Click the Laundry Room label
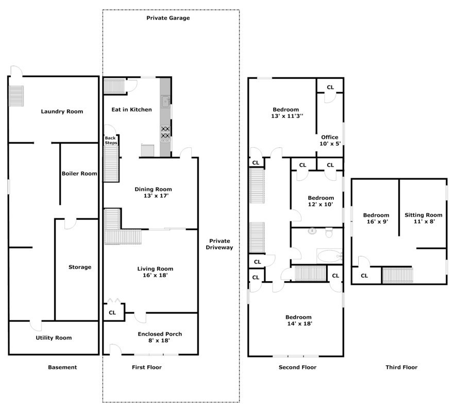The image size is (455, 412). click(62, 111)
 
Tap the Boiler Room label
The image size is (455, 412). click(79, 174)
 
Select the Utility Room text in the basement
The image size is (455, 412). click(54, 338)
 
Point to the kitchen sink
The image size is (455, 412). click(165, 101)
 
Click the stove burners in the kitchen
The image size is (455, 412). click(165, 132)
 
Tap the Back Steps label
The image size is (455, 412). click(111, 140)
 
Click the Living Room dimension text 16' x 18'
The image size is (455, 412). click(155, 276)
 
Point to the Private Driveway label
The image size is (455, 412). click(220, 244)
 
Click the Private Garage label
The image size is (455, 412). click(168, 18)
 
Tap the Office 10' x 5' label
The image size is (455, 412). click(329, 140)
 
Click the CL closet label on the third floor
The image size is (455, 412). click(364, 276)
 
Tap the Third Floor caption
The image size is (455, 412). click(401, 367)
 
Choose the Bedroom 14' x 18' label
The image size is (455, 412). click(299, 320)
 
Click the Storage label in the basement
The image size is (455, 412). click(80, 267)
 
